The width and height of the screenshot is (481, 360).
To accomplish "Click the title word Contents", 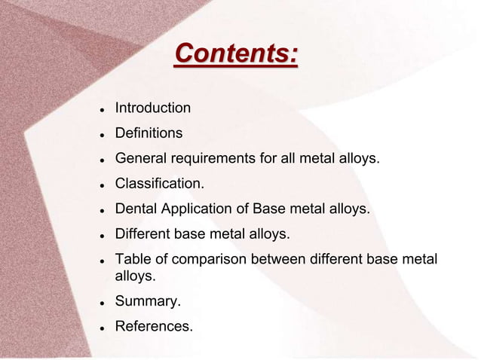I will coord(236,55).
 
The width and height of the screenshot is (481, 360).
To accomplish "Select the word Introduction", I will coord(152,108).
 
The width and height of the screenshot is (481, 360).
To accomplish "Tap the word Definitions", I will coord(149,133).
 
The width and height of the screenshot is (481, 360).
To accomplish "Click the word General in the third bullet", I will coord(139,159).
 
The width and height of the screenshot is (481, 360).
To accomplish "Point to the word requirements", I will coord(208,159).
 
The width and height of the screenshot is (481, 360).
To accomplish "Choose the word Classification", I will coord(159,184).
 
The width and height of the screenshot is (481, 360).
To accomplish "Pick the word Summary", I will coord(148,302).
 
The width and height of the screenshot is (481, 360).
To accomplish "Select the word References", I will coord(154,327).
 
